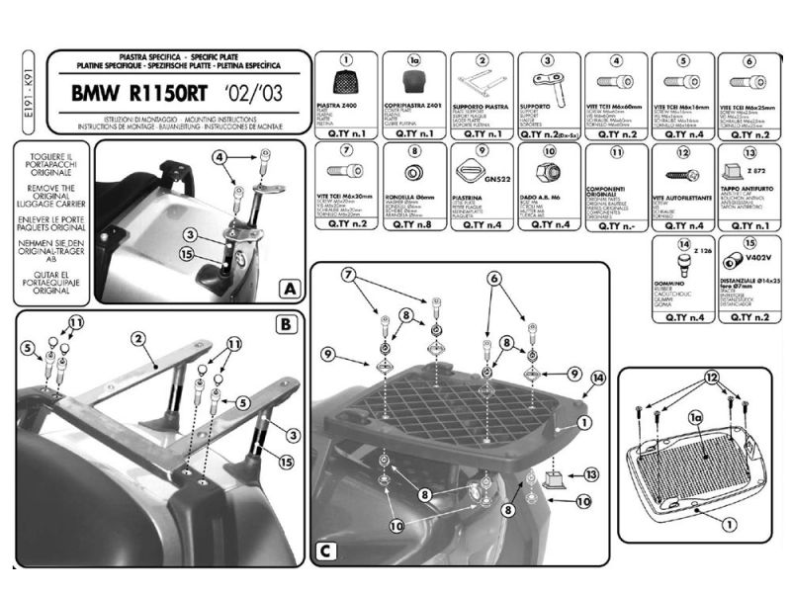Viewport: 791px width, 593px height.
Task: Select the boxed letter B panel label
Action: coord(283,323)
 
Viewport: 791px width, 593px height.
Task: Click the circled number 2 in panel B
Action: coord(138,338)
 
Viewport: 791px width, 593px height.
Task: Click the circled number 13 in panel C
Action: coord(591,474)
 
